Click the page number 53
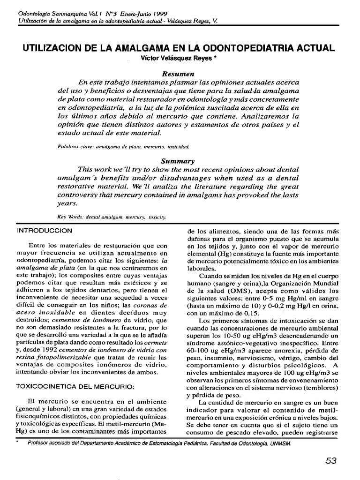(x=331, y=461)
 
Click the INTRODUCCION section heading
(x=45, y=231)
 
